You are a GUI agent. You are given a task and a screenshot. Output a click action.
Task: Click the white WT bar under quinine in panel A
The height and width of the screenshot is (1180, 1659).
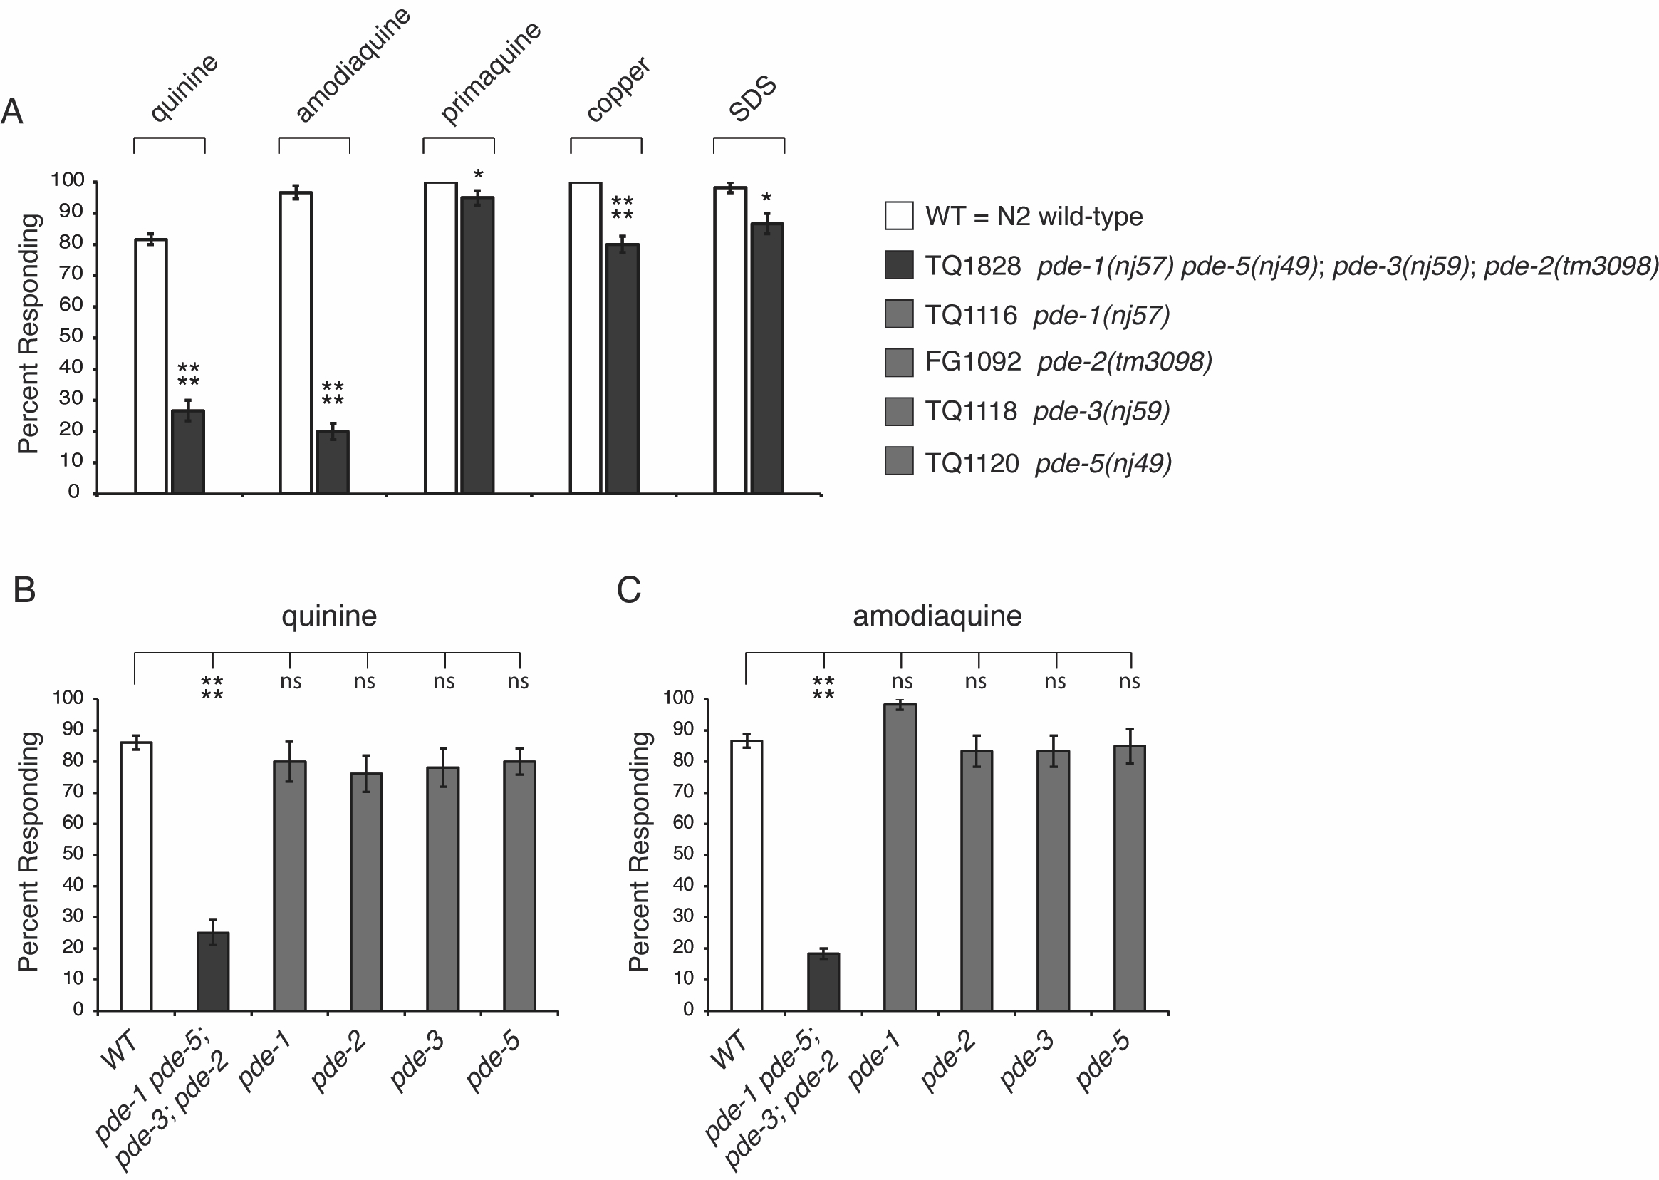pos(151,367)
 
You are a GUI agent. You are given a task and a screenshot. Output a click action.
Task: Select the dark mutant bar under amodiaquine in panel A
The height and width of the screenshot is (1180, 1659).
pos(333,462)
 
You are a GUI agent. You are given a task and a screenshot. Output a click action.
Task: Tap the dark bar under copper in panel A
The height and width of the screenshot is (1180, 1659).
pos(623,369)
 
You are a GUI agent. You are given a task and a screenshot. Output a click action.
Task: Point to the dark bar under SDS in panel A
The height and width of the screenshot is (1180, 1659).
pos(767,359)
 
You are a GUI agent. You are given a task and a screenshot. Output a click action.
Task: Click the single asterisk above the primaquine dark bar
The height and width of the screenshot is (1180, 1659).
pos(478,176)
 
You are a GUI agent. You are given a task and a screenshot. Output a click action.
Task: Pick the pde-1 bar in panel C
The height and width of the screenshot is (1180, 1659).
pos(900,857)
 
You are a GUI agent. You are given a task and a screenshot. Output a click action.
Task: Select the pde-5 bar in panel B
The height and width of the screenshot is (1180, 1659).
pos(519,886)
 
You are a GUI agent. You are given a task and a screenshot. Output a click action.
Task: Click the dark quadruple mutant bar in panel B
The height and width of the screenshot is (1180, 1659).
pos(213,971)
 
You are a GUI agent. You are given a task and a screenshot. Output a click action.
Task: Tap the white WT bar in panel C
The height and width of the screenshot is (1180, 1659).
pos(746,876)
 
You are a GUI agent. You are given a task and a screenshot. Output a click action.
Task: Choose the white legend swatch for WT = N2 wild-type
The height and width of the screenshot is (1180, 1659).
pos(898,217)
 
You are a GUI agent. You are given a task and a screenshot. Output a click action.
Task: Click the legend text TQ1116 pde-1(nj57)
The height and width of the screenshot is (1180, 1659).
pos(1046,316)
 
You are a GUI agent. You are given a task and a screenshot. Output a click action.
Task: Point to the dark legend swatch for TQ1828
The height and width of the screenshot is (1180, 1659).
pos(898,265)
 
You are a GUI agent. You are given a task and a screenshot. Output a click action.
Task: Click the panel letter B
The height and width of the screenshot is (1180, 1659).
pos(25,590)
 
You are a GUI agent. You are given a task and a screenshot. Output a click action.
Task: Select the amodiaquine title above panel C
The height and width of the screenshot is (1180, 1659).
pos(937,616)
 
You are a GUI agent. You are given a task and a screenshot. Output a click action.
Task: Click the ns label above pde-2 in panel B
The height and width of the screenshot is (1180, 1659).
pos(365,681)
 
